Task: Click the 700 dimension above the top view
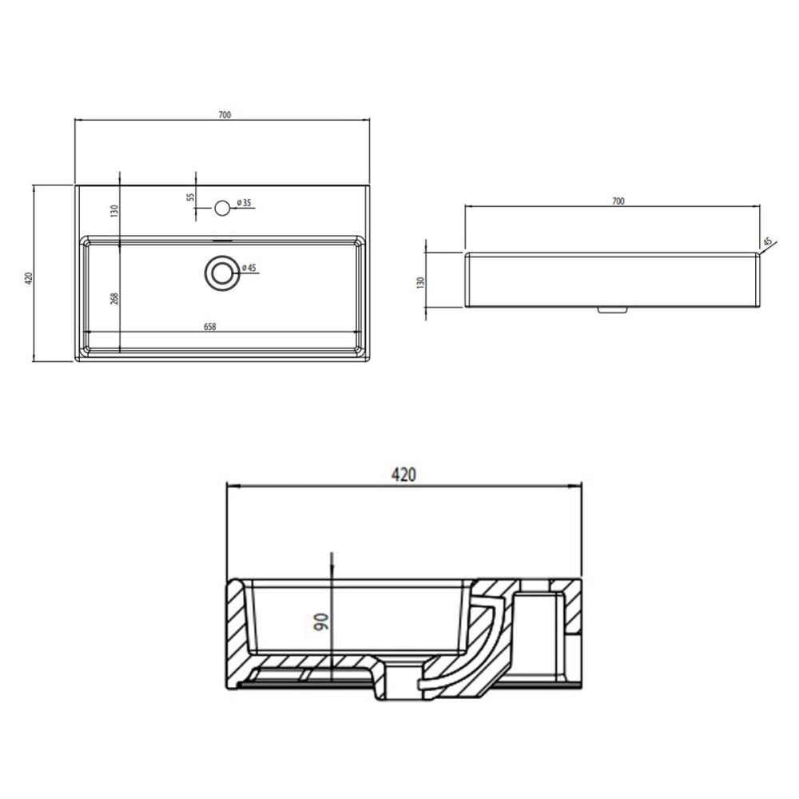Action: [x=225, y=114]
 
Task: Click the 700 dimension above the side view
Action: [x=618, y=201]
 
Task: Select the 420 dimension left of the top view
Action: [x=29, y=278]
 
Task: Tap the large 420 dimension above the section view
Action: [x=403, y=475]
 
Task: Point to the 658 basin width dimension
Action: [x=210, y=327]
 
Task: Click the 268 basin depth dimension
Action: [x=114, y=299]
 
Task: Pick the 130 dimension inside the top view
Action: [x=114, y=210]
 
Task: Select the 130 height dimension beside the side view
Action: [x=420, y=283]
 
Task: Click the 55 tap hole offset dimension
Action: [x=191, y=197]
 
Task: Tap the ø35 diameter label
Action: [x=244, y=203]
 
